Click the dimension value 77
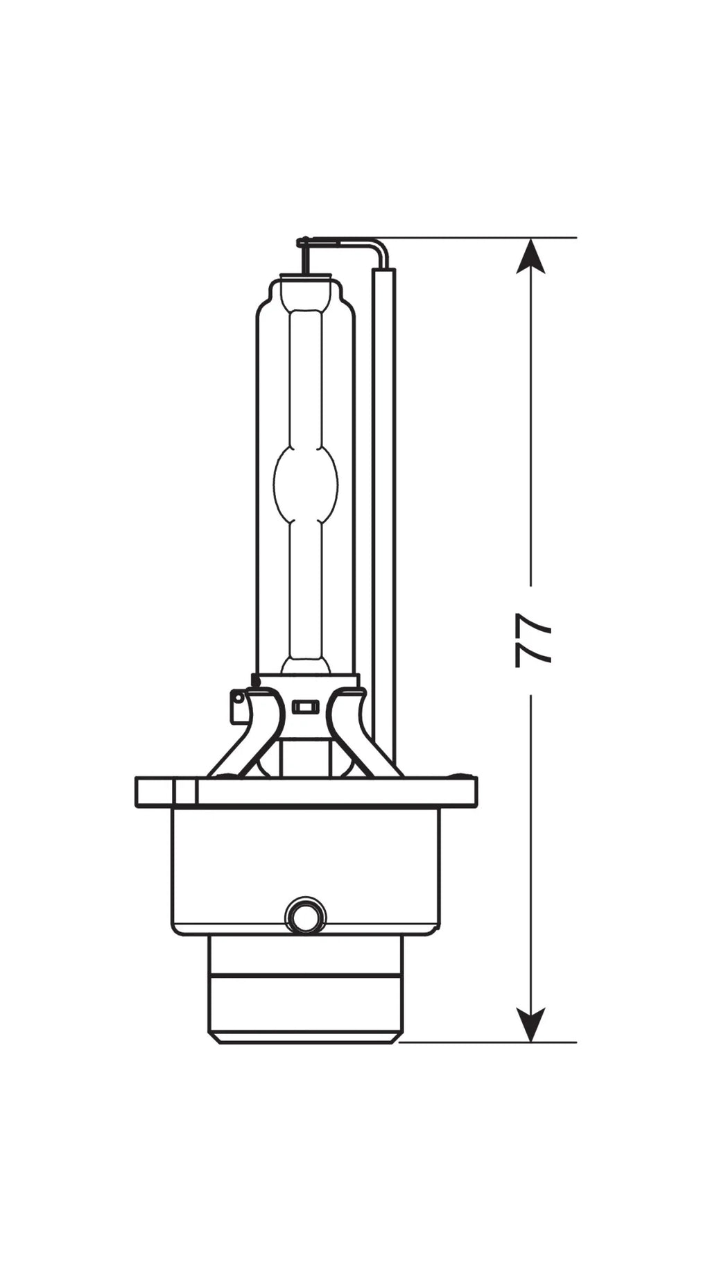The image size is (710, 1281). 532,639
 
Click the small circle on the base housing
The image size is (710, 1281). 305,918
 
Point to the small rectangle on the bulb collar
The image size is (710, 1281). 305,707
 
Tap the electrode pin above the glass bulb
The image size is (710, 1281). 304,258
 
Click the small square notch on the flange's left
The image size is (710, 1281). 186,792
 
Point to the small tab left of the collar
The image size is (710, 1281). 237,705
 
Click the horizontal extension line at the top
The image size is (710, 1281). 485,238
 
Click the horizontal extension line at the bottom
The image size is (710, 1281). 485,1042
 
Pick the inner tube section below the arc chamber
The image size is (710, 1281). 306,590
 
